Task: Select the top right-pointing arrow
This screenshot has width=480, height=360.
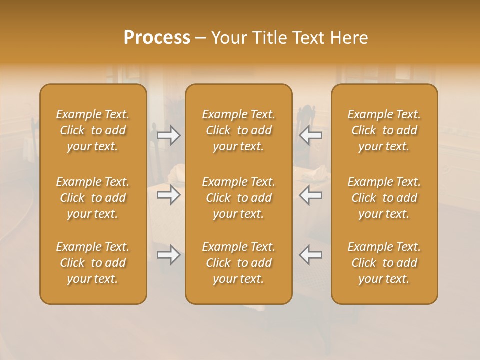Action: point(168,135)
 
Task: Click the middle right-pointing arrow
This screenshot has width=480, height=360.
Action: point(168,195)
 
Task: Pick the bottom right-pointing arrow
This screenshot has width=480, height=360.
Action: point(168,255)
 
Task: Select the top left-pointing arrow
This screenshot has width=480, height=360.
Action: point(311,135)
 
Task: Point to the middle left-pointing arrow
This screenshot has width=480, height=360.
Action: point(311,195)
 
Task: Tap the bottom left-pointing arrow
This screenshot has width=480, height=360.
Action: point(311,255)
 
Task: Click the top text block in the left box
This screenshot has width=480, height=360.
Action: point(93,130)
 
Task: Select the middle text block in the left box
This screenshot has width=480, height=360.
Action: point(93,198)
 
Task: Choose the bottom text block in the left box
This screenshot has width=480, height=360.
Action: point(93,263)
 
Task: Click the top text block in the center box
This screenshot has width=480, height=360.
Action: point(239,130)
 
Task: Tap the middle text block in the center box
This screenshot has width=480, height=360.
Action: point(239,198)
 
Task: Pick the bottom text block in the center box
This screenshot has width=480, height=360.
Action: point(239,263)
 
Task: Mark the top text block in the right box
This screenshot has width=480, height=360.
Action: point(384,130)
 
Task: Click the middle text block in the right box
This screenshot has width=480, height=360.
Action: point(384,198)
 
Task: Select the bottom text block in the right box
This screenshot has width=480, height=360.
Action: point(384,263)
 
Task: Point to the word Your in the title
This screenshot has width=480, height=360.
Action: point(229,38)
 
